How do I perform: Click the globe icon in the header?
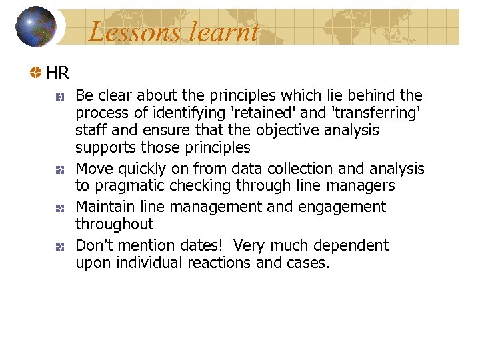tap(35, 27)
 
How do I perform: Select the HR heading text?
tap(57, 72)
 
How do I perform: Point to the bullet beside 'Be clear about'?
tap(60, 97)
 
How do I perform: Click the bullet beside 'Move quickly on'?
tap(60, 170)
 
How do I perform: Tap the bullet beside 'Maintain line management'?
tap(60, 208)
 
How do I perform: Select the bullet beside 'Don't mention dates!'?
tap(60, 246)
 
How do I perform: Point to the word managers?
tap(363, 186)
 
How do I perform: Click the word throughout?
tap(114, 225)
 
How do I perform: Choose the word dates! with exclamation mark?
tap(203, 246)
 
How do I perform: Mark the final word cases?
tap(308, 263)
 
